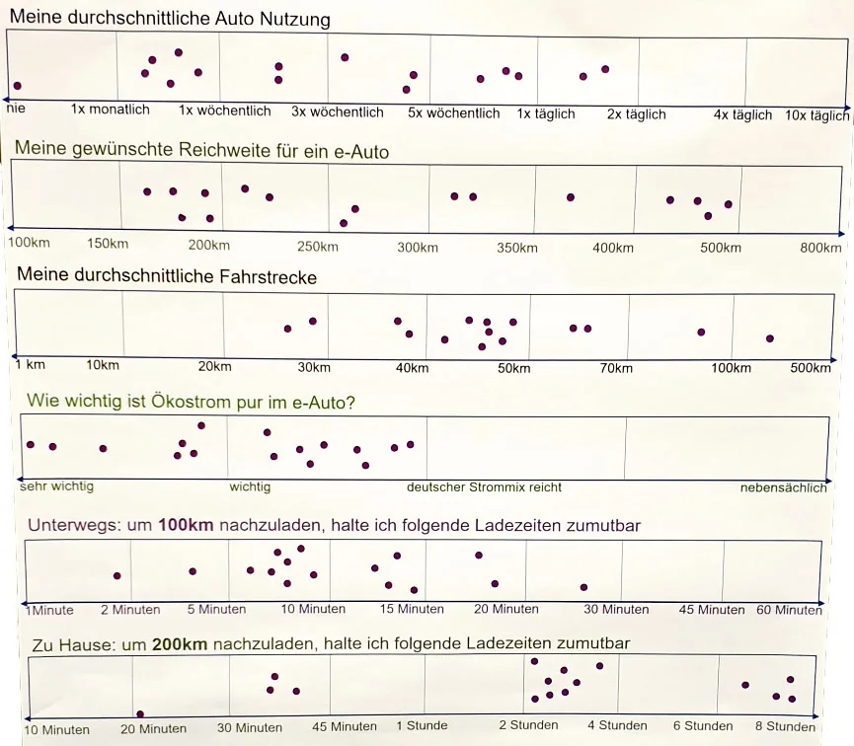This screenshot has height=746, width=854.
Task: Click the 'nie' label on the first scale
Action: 16,108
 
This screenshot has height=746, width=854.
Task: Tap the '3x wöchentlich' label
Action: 337,112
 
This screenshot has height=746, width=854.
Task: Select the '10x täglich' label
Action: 816,115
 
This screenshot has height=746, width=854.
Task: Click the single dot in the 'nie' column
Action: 18,86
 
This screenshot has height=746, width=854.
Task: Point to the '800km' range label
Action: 820,248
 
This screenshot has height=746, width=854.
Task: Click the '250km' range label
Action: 318,247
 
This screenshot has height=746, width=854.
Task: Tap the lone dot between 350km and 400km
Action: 571,197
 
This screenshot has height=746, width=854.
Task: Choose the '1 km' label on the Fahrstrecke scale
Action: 30,364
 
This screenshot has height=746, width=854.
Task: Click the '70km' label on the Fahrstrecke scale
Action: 616,368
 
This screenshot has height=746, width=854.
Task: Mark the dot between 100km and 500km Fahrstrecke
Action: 769,338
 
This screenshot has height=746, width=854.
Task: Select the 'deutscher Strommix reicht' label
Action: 484,486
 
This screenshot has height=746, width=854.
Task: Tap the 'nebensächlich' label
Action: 783,487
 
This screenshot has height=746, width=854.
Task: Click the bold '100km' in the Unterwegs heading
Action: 186,525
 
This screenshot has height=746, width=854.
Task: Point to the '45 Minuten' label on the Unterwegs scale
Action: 711,610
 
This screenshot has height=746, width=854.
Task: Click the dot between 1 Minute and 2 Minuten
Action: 117,575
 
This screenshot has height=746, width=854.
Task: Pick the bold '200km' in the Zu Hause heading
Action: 180,644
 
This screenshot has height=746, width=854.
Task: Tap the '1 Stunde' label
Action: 423,725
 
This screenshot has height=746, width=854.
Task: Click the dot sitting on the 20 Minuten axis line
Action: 140,713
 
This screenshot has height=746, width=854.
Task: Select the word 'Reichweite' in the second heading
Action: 218,149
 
